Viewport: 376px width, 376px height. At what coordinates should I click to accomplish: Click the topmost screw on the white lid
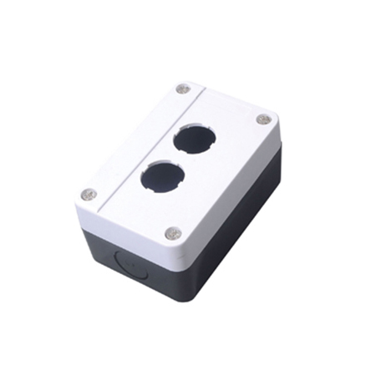point(183,89)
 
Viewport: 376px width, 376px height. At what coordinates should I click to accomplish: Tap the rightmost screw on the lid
point(263,119)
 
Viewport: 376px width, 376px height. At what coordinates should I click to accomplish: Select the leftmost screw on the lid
point(89,194)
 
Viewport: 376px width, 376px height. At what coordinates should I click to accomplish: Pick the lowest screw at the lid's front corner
point(173,232)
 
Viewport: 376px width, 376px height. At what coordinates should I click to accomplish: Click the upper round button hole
point(193,138)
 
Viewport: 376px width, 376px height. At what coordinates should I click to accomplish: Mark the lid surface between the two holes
point(177,157)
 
